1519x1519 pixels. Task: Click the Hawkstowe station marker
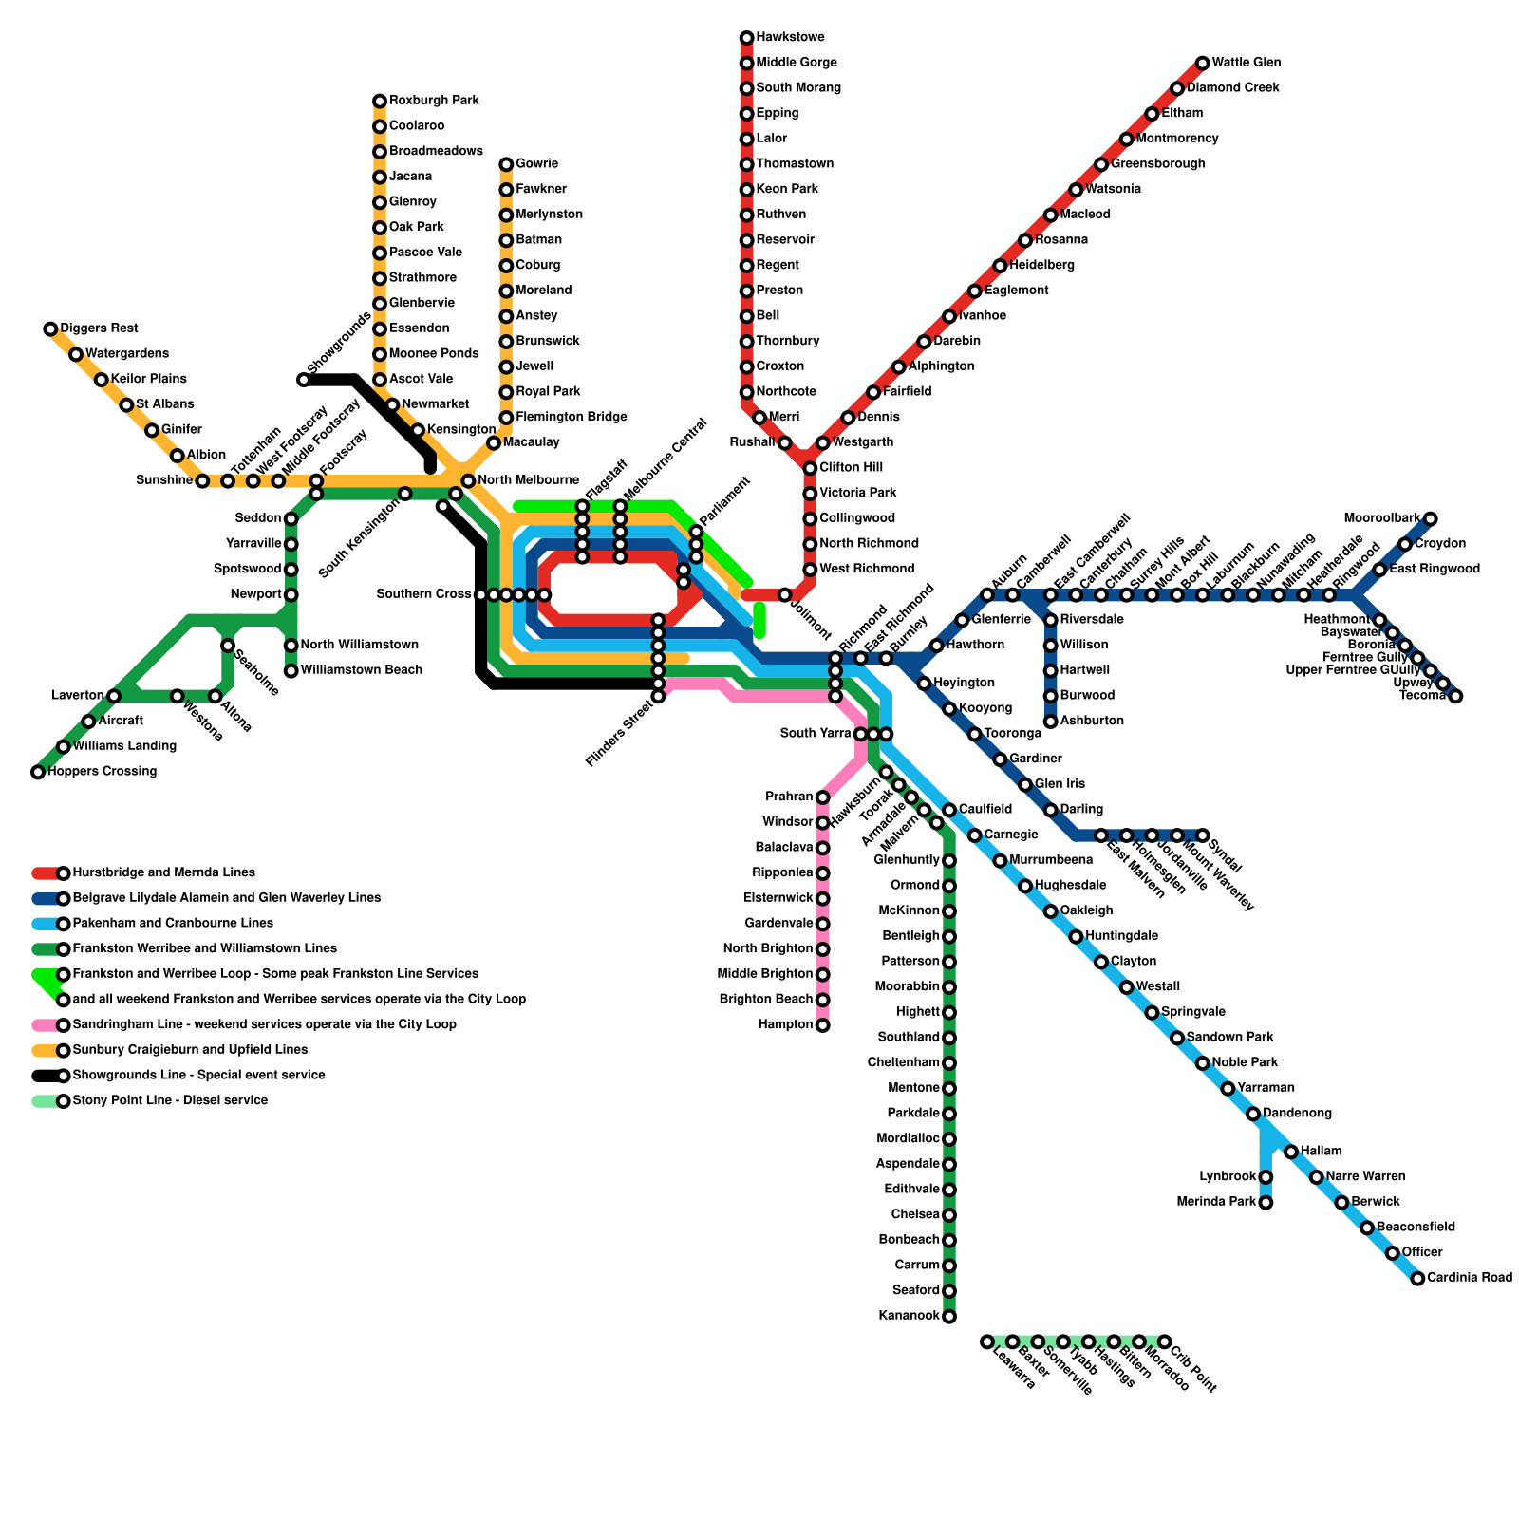click(x=746, y=38)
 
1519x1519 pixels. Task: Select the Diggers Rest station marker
click(x=50, y=329)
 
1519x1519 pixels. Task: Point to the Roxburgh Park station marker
click(x=380, y=101)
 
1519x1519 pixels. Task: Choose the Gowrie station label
click(x=536, y=164)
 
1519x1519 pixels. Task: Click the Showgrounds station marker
click(x=304, y=380)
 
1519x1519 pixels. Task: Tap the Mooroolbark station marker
click(x=1430, y=518)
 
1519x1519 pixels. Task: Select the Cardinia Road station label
click(x=1469, y=1278)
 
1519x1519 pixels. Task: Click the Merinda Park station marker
click(x=1266, y=1203)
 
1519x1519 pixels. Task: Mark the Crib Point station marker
click(x=1164, y=1341)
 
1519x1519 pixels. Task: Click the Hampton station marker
click(x=823, y=1025)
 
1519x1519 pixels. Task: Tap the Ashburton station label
click(x=1092, y=722)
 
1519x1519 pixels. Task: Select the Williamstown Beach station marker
click(x=291, y=671)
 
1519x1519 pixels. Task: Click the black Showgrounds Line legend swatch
click(x=46, y=1076)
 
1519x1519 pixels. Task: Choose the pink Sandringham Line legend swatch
click(x=46, y=1025)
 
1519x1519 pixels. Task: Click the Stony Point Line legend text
click(x=170, y=1101)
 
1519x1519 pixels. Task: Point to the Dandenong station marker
click(x=1253, y=1114)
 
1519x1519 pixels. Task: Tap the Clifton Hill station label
click(x=851, y=468)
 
